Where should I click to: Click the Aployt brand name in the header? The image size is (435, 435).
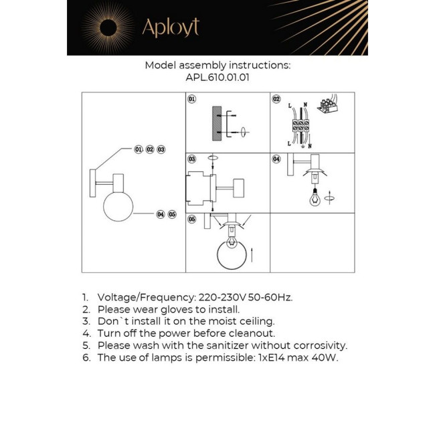[170, 27]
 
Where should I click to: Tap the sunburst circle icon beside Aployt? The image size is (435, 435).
[108, 27]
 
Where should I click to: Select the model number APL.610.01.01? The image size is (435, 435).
[217, 77]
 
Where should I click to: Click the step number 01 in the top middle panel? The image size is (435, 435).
[192, 99]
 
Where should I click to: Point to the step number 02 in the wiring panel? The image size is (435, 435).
[276, 99]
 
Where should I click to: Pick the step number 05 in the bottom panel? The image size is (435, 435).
[192, 220]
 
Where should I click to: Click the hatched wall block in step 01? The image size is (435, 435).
[217, 123]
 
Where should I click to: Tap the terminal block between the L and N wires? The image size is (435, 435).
[299, 127]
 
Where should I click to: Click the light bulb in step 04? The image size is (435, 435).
[313, 197]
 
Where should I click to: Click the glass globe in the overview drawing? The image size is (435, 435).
[118, 205]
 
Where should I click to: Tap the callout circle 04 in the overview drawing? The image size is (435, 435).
[160, 214]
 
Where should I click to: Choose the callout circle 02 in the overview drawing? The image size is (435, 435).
[150, 149]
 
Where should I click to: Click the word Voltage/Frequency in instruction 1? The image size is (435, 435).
[147, 297]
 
